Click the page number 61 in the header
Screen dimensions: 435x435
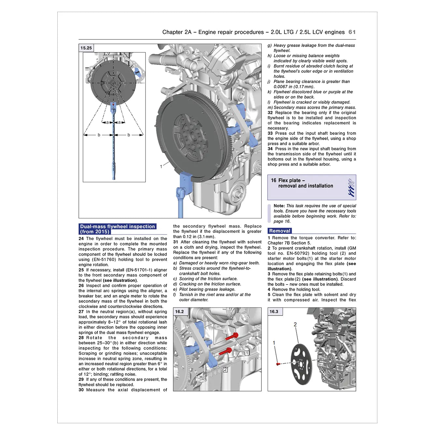pyautogui.click(x=352, y=32)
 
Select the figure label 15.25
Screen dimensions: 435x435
pyautogui.click(x=86, y=48)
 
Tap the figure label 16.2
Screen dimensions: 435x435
pyautogui.click(x=179, y=312)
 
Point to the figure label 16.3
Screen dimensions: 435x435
pyautogui.click(x=274, y=312)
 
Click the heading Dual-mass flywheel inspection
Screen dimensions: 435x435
pyautogui.click(x=117, y=227)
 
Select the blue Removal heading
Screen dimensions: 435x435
pyautogui.click(x=279, y=231)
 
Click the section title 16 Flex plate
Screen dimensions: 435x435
pyautogui.click(x=288, y=180)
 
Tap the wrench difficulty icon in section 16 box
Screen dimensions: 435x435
pyautogui.click(x=351, y=187)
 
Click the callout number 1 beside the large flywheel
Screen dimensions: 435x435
pyautogui.click(x=161, y=167)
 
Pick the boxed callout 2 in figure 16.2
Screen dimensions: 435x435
pyautogui.click(x=225, y=370)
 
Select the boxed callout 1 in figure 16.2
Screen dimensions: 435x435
pyautogui.click(x=247, y=353)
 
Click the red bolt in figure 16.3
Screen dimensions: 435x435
pyautogui.click(x=278, y=364)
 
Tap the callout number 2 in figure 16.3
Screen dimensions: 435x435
pyautogui.click(x=295, y=324)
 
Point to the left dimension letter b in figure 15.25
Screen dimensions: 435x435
pyautogui.click(x=99, y=135)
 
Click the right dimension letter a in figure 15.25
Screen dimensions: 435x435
pyautogui.click(x=119, y=122)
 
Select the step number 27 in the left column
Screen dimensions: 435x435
pyautogui.click(x=81, y=312)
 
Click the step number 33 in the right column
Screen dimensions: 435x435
pyautogui.click(x=270, y=133)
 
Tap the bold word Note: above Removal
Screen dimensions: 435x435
pyautogui.click(x=279, y=206)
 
